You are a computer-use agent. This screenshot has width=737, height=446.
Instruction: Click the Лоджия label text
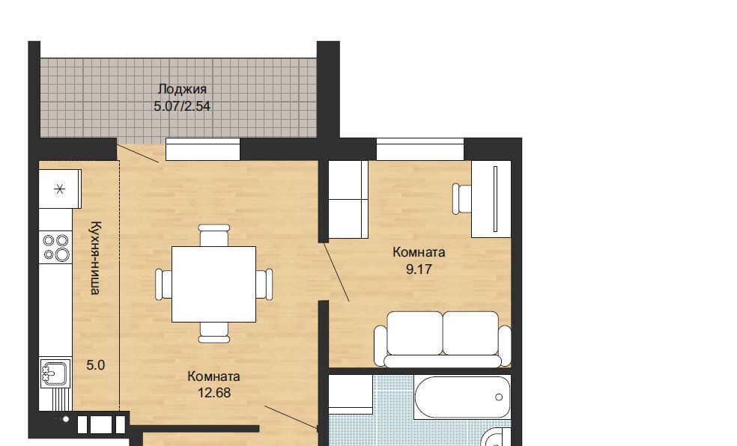pos(182,89)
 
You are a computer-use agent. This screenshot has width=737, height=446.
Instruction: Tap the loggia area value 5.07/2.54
pos(182,106)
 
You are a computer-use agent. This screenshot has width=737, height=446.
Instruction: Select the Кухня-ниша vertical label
pos(95,257)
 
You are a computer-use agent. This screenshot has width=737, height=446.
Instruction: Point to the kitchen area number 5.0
pos(95,364)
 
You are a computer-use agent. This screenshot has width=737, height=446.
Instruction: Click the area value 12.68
pos(214,392)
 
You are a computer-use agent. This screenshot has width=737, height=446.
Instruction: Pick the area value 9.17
pos(419,269)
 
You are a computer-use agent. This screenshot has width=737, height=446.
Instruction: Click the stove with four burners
pos(56,248)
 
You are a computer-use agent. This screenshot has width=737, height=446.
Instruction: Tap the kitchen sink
pos(55,373)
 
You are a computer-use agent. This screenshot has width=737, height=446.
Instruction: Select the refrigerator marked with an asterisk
pos(60,189)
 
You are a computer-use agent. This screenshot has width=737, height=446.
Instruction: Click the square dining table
pos(214,284)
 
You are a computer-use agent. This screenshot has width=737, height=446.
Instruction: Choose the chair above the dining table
pos(214,235)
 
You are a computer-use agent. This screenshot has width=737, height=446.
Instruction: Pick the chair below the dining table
pos(214,332)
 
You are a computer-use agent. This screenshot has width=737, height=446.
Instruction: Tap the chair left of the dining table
pos(163,284)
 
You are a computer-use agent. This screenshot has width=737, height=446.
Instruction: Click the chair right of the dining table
pos(264,284)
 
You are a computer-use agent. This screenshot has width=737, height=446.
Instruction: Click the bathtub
pos(463,397)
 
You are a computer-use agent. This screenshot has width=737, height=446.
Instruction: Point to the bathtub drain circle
pos(499,397)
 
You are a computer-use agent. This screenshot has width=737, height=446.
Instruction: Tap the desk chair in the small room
pos(462,199)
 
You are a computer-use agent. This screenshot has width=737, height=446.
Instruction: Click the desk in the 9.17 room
pos(491,199)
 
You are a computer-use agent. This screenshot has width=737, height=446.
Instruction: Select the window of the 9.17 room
pos(419,149)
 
